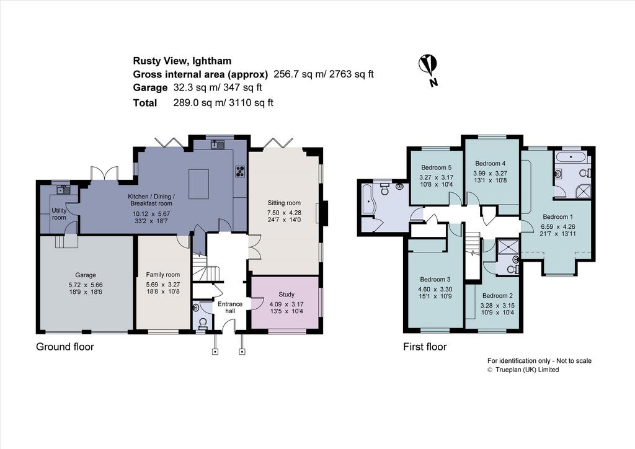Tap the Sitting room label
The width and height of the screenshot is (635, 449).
[284, 203]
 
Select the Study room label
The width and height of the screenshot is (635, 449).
[286, 295]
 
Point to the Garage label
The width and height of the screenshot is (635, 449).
[86, 275]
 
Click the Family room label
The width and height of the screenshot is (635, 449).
[163, 275]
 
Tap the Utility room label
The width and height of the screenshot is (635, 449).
[59, 214]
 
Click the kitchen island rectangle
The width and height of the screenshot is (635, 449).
[198, 184]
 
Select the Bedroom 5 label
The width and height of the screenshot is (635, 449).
[436, 167]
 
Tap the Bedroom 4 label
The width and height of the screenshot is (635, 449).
[490, 164]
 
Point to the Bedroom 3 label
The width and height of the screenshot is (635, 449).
[435, 279]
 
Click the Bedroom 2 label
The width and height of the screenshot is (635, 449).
[497, 296]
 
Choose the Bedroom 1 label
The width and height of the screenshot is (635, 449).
[557, 216]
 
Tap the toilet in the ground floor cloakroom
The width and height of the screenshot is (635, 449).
[203, 322]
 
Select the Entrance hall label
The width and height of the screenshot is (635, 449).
[230, 308]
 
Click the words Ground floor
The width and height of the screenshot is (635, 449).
[64, 347]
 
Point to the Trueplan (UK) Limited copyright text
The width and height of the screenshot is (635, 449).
[527, 370]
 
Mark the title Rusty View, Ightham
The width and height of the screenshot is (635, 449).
[182, 61]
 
